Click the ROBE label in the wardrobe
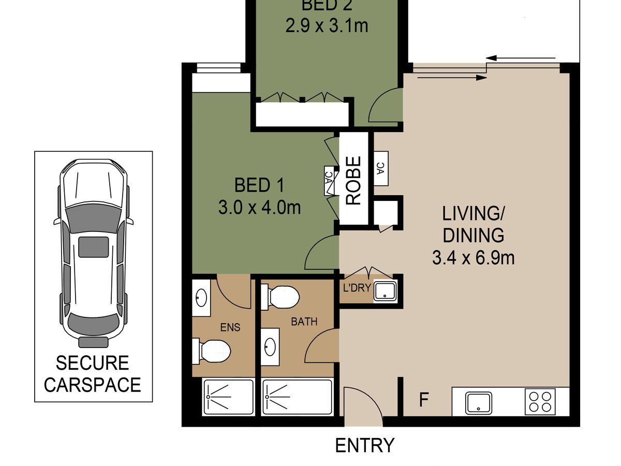(x=353, y=181)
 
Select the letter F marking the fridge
(x=423, y=400)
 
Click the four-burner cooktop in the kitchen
(x=540, y=402)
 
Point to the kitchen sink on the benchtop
(x=478, y=403)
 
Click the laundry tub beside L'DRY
(x=385, y=291)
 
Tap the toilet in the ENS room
(x=211, y=351)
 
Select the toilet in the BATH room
(x=280, y=297)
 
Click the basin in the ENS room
(x=201, y=298)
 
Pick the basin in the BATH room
(x=270, y=346)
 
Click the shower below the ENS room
(x=228, y=397)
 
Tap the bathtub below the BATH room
(x=297, y=397)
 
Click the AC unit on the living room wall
(x=381, y=168)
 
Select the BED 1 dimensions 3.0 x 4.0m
(x=259, y=208)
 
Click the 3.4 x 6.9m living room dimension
(x=474, y=258)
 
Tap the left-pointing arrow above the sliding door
(x=521, y=59)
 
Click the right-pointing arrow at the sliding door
(x=452, y=77)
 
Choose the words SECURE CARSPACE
(x=93, y=374)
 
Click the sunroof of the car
(x=93, y=247)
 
